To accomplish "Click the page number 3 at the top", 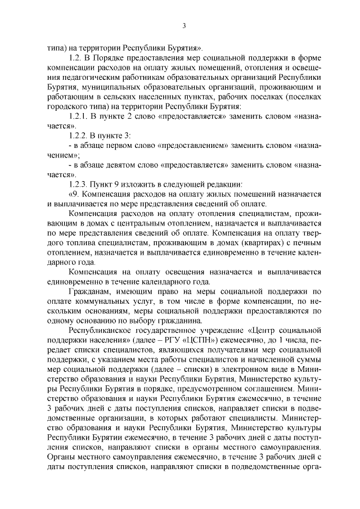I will pos(184,25).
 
